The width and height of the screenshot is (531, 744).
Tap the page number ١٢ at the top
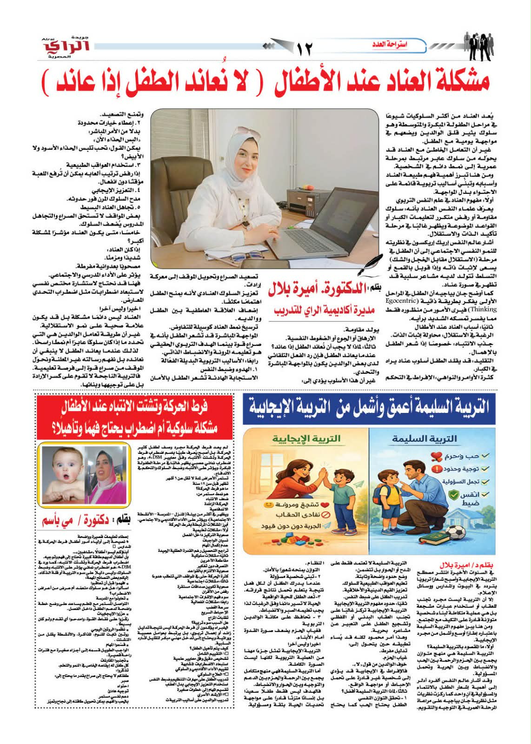305,47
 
